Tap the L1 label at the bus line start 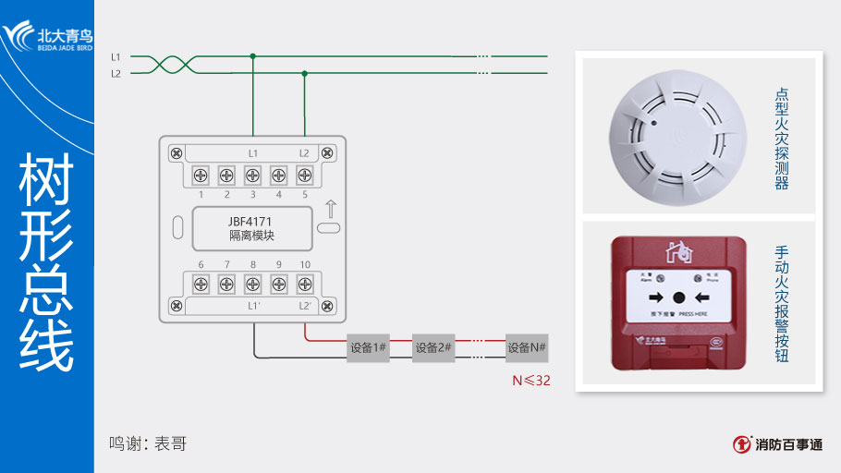tap(116, 56)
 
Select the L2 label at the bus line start tap(116, 73)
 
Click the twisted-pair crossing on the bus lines tap(168, 65)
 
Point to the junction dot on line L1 tap(252, 56)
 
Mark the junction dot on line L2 tap(304, 73)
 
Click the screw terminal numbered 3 tap(252, 176)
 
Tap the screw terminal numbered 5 tap(304, 176)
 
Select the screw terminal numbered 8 tap(252, 285)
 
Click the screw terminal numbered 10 tap(304, 285)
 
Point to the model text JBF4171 tap(251, 221)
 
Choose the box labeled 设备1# tap(368, 348)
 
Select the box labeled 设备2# tap(433, 348)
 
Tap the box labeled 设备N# tap(527, 348)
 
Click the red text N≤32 tap(531, 380)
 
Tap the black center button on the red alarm tap(678, 297)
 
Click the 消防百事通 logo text tap(787, 444)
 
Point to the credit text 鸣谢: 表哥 tap(148, 443)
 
